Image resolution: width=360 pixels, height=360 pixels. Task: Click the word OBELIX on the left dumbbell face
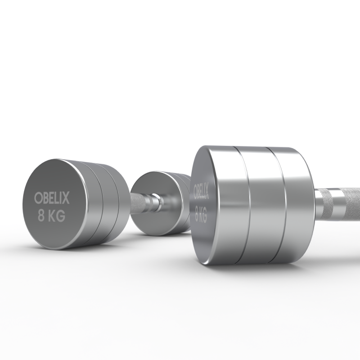[x=52, y=198]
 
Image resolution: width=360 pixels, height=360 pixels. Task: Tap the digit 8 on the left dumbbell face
[x=41, y=216]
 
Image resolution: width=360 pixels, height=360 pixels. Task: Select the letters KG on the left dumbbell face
[x=57, y=216]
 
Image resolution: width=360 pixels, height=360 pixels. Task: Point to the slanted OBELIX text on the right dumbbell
[x=201, y=190]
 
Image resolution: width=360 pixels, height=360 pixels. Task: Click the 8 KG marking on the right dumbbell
[x=201, y=214]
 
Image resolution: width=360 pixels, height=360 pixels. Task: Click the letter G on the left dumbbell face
[x=61, y=216]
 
